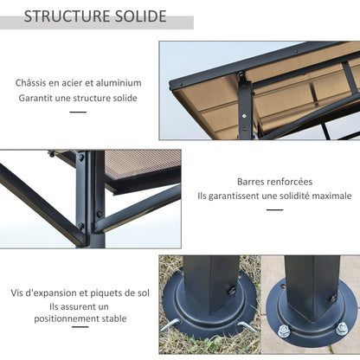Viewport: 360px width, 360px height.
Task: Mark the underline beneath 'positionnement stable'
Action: click(x=78, y=333)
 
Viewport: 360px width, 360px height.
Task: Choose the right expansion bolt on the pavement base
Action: click(x=342, y=327)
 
